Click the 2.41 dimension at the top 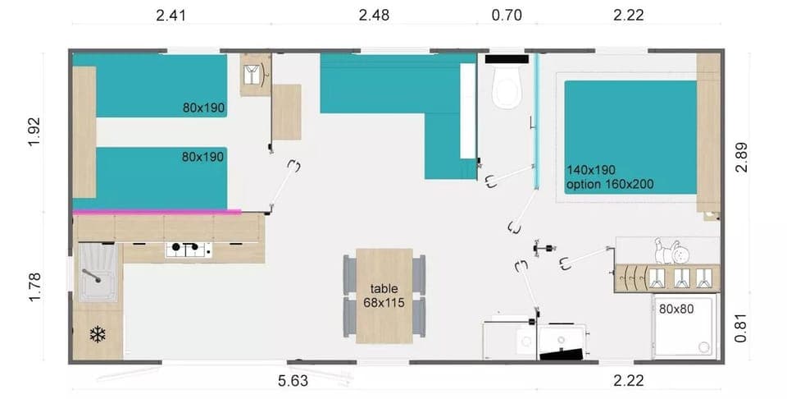pos(173,14)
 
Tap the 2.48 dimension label pos(374,14)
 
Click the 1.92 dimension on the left pos(34,131)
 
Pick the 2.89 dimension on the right pos(741,156)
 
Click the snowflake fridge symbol pos(98,334)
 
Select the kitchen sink pos(98,273)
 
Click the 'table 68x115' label pos(384,296)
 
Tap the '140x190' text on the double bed pos(590,170)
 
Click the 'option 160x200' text pos(610,184)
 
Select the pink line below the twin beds pos(157,212)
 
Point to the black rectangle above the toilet pos(508,59)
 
